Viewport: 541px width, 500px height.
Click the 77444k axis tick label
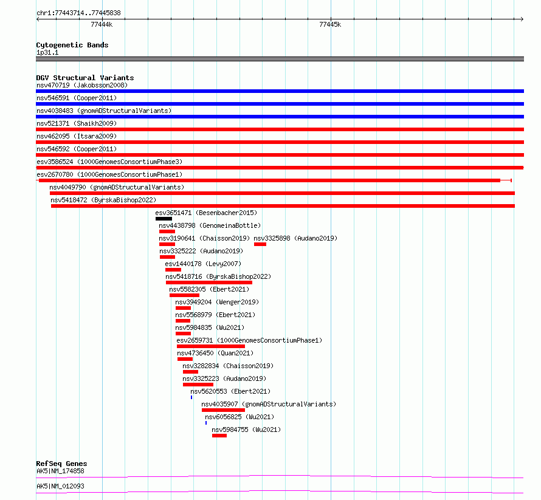[x=102, y=24]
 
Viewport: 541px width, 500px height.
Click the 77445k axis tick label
[x=330, y=24]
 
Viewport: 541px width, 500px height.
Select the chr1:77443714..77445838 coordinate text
[x=78, y=13]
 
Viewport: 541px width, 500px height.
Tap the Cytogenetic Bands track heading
[x=72, y=45]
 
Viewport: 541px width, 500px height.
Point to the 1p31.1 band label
[x=47, y=52]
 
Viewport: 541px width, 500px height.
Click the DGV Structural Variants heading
[x=85, y=78]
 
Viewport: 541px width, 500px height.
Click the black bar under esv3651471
[x=164, y=219]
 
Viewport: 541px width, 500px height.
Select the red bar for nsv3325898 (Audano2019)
[x=260, y=244]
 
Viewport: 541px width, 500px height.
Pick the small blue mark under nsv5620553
[x=191, y=397]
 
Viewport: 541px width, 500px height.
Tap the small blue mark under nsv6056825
[x=206, y=423]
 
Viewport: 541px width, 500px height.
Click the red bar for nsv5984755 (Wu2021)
[x=219, y=436]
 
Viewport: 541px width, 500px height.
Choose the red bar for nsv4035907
[x=223, y=410]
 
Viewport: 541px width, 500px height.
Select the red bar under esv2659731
[x=211, y=346]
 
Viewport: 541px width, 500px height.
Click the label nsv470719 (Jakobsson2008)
[x=82, y=85]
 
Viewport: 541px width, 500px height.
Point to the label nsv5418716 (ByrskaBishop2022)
[x=218, y=276]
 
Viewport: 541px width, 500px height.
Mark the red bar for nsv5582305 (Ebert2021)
[x=184, y=295]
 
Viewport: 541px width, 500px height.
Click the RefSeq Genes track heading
[x=62, y=464]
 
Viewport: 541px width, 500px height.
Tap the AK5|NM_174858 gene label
[x=60, y=471]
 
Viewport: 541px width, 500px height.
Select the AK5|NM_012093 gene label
[x=60, y=486]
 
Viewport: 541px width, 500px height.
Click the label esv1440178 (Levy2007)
[x=203, y=264]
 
